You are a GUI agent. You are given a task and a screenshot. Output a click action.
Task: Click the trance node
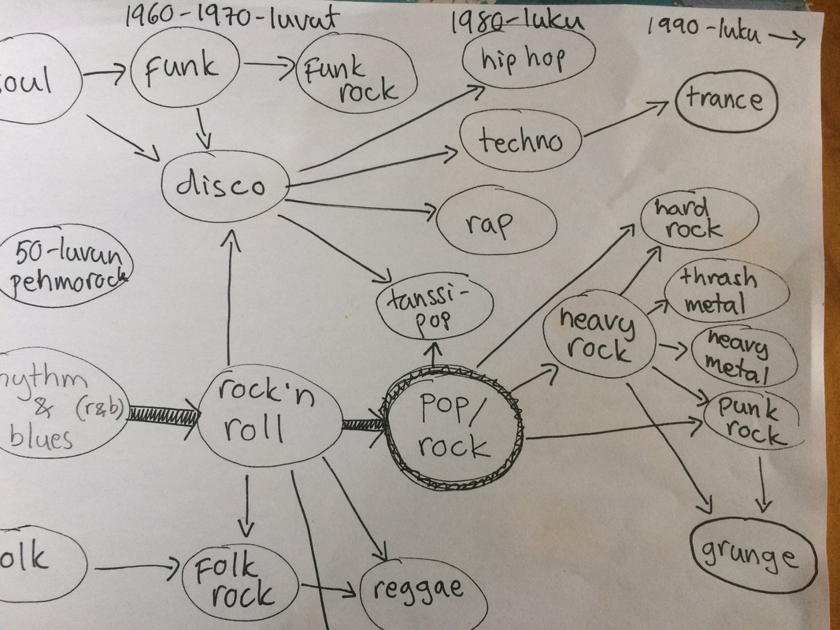724,101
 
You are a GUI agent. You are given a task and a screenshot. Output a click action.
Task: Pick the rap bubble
488,223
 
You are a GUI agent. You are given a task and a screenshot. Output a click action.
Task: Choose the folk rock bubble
241,581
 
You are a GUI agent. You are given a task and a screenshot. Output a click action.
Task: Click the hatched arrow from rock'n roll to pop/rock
362,425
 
